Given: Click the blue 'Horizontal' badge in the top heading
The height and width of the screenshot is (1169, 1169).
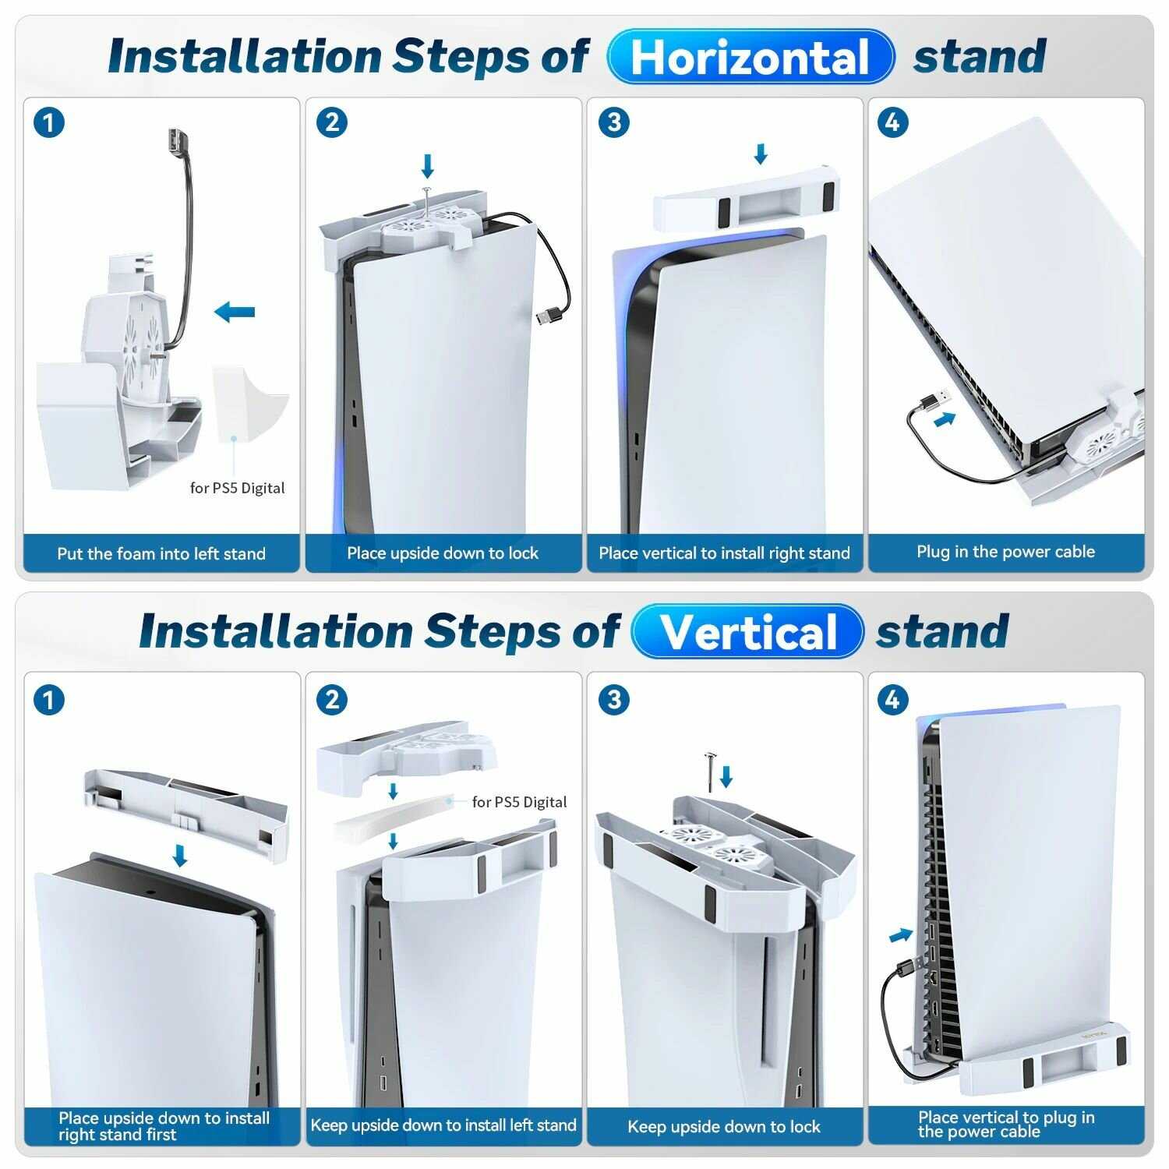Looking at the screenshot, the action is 750,57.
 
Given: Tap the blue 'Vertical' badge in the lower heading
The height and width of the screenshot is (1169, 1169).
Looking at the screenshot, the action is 747,631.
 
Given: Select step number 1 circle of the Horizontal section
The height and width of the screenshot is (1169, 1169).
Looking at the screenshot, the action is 49,123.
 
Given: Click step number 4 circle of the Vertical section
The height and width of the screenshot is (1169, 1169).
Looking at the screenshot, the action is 892,700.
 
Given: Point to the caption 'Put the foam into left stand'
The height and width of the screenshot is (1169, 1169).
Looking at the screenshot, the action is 161,554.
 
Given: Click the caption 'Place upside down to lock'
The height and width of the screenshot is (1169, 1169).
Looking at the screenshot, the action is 443,553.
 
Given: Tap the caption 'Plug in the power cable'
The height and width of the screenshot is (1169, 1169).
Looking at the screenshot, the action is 1005,552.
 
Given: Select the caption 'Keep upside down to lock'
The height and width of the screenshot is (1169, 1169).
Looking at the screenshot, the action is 724,1127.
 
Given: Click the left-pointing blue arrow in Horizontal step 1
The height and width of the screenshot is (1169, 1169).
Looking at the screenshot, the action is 235,313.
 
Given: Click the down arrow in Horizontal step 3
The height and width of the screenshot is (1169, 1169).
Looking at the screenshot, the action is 761,154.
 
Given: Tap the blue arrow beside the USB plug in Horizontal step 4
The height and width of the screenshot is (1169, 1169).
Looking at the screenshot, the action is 945,419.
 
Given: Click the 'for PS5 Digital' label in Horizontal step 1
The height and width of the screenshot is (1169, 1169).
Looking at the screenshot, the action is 238,488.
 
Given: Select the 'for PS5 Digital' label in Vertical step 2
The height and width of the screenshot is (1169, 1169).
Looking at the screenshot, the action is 520,802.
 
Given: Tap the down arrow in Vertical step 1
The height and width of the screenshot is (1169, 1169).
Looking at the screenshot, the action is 180,856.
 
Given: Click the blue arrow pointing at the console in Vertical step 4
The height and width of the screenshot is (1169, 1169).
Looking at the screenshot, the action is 902,934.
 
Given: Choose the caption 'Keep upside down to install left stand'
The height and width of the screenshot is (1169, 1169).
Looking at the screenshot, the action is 443,1125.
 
